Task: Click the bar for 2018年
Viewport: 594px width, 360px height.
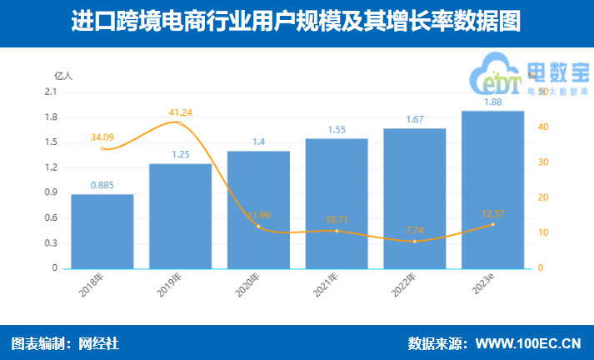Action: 102,232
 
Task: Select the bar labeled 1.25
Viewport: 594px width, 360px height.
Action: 180,217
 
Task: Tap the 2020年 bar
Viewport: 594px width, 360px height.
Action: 258,210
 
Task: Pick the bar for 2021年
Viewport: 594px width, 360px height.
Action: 337,203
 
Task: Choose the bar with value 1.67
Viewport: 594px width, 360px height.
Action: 415,198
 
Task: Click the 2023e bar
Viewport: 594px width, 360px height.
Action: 492,190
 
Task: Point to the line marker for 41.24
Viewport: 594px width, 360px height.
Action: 180,123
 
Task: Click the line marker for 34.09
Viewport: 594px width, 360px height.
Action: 102,148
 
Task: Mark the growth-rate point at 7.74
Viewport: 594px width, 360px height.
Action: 415,242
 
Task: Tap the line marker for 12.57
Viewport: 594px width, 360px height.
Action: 492,224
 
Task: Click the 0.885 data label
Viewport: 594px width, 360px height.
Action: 102,185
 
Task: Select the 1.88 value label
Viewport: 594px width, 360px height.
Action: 492,102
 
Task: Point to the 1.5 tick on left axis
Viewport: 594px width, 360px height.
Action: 51,142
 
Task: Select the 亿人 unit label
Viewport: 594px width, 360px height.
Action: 63,75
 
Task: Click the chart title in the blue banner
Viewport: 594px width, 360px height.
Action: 297,21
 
